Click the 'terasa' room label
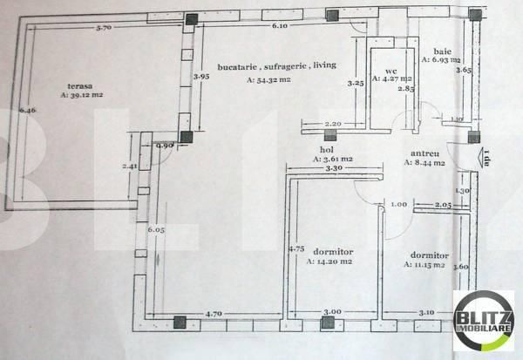coord(81,85)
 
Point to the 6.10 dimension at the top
coord(279,27)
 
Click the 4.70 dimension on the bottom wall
coord(216,311)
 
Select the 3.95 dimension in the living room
coord(201,77)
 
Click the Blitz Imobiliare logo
coord(482,320)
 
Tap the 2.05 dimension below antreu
coord(443,204)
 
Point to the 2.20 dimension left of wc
coord(331,125)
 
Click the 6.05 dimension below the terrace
coord(155,229)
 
